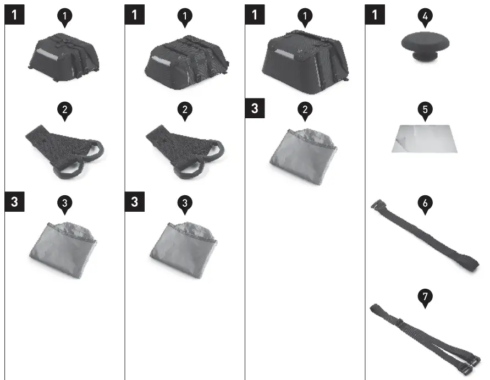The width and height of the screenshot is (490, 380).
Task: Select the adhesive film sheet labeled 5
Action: pos(424,138)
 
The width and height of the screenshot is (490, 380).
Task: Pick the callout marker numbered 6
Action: pos(425,202)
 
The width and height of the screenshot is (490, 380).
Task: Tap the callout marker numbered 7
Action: pos(425,296)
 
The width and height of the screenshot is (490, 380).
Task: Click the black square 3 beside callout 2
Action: pos(254,108)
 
